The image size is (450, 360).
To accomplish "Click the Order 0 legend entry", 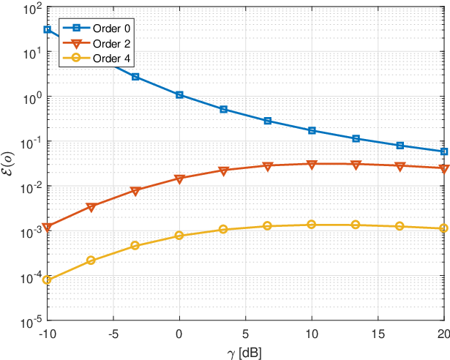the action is coord(96,28).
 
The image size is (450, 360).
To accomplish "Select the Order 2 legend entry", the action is coord(96,44).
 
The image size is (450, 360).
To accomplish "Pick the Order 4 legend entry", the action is coord(96,59).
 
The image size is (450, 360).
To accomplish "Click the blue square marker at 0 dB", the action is coord(179,94).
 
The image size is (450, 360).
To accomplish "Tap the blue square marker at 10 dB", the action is coord(312,131).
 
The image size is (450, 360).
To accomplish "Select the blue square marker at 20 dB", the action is coord(444,151).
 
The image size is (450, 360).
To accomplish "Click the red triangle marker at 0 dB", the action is coord(179,179).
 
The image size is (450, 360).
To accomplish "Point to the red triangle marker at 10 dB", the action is coord(312,165).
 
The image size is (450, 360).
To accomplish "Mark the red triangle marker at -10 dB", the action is coord(47,227).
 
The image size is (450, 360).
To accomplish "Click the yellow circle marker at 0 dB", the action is coord(179,236).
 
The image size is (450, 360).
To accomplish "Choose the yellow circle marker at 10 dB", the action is coord(312,225).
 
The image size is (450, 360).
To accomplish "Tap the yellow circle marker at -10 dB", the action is coord(47,280).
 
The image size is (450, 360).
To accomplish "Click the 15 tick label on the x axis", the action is coord(378,334).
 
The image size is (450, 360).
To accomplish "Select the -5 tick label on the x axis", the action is coord(113,334).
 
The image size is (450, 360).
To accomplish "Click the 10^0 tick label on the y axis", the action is coord(32,98).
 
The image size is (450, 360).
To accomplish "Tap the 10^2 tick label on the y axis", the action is coord(32,9).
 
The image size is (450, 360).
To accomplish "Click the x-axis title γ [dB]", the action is coord(244,353).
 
